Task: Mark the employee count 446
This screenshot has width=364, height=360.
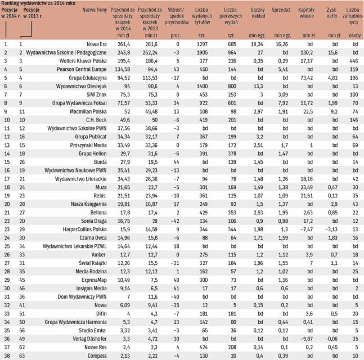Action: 354,59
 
